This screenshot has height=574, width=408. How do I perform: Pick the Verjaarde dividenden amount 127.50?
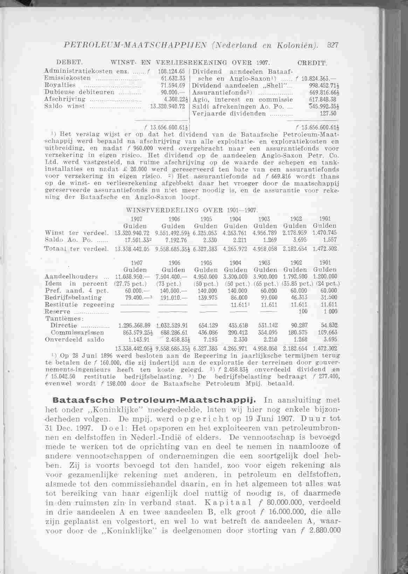point(328,114)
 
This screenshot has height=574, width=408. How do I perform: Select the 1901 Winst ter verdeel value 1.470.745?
point(325,233)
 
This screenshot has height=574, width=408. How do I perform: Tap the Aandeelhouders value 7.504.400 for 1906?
point(174,277)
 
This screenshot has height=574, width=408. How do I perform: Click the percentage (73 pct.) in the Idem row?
point(174,284)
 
